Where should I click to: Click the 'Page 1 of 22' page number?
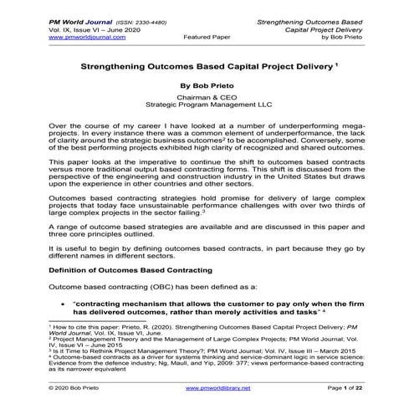367,388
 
